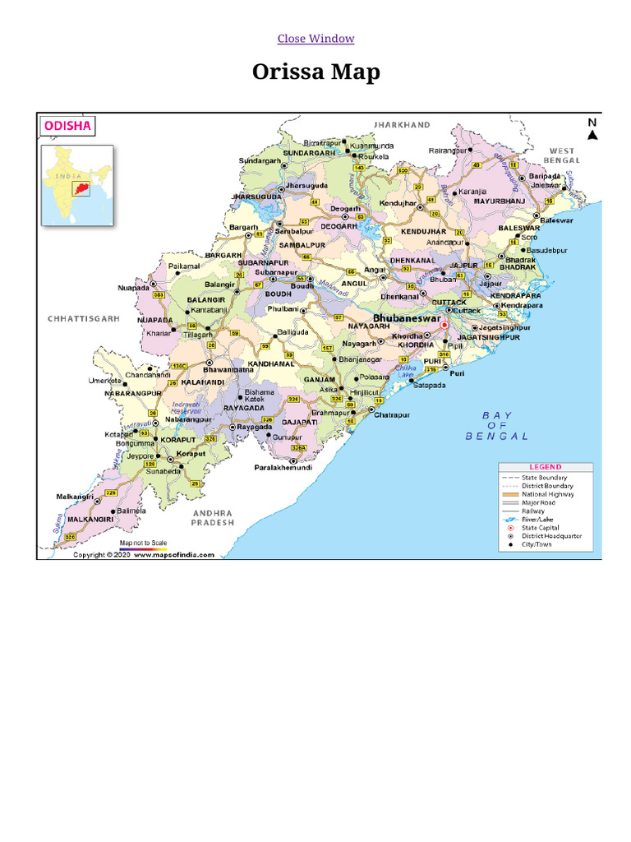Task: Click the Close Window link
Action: pyautogui.click(x=315, y=39)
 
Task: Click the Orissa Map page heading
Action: pyautogui.click(x=315, y=72)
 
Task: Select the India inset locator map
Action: pyautogui.click(x=78, y=184)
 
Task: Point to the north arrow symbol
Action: pyautogui.click(x=592, y=131)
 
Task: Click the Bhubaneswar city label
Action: pyautogui.click(x=407, y=317)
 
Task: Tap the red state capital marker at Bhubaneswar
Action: pyautogui.click(x=444, y=326)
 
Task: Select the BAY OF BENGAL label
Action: pyautogui.click(x=497, y=426)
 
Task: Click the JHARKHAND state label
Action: pyautogui.click(x=402, y=125)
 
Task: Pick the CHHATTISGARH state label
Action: pyautogui.click(x=84, y=317)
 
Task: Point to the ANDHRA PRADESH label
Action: pyautogui.click(x=212, y=518)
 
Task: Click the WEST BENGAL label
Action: pyautogui.click(x=562, y=155)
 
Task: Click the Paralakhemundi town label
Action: pyautogui.click(x=282, y=467)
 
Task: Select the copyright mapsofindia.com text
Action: pyautogui.click(x=144, y=555)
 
